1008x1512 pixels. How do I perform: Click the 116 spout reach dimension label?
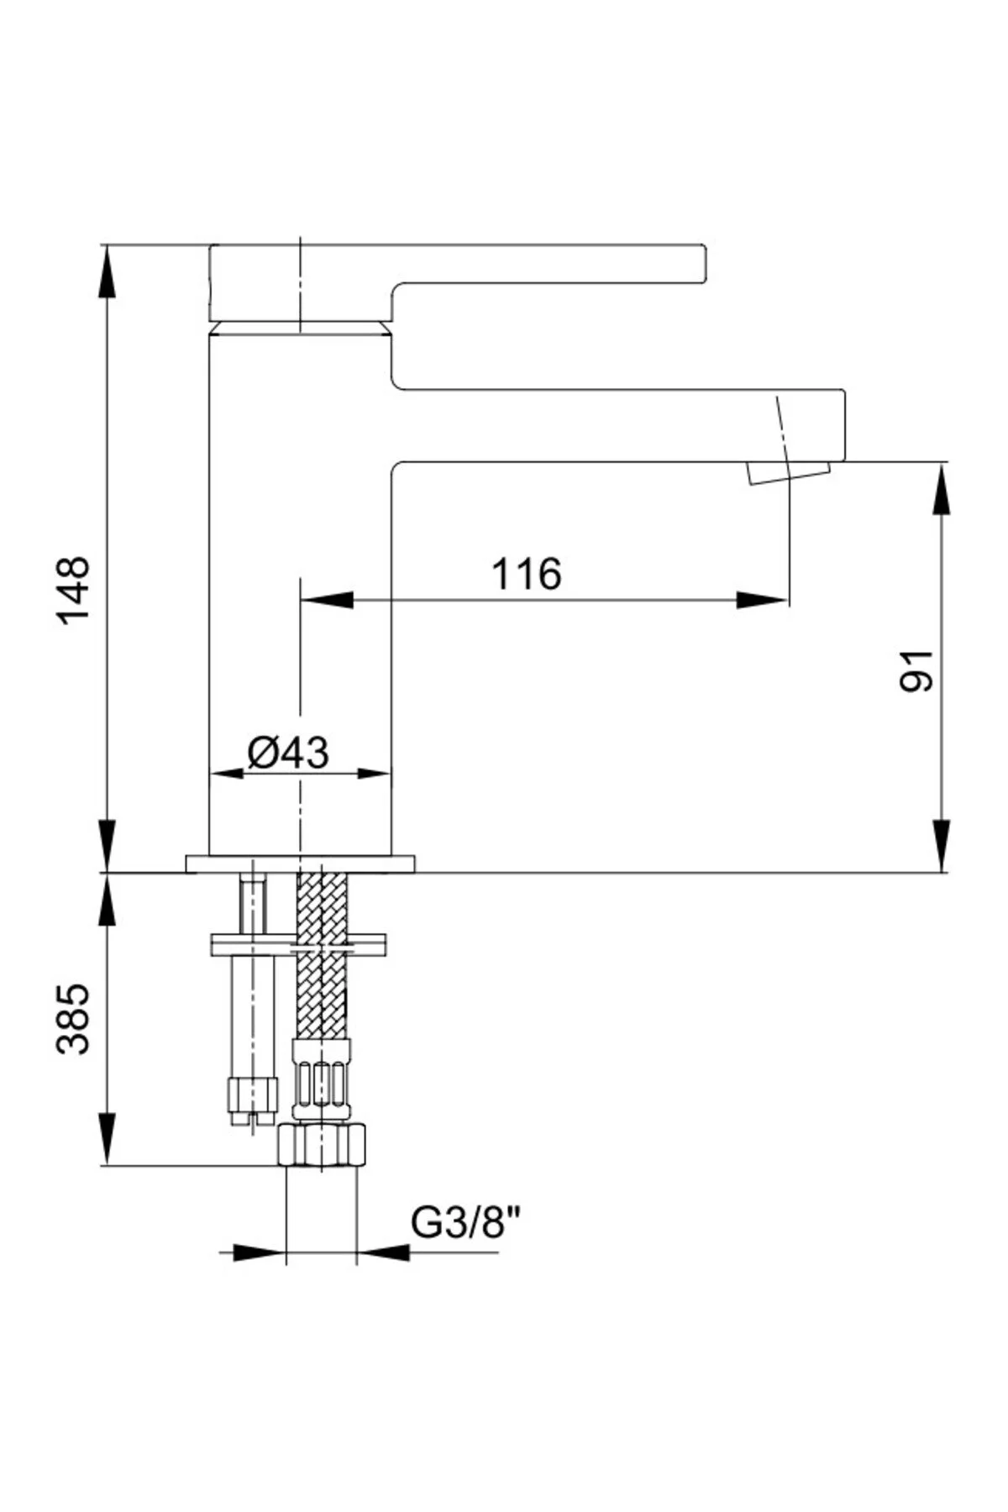coord(527,575)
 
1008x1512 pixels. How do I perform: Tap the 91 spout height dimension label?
coord(916,669)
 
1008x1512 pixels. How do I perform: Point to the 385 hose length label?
coord(73,1018)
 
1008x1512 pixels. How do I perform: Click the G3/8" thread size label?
coord(467,1224)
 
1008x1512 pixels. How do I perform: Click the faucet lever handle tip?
coord(704,263)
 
